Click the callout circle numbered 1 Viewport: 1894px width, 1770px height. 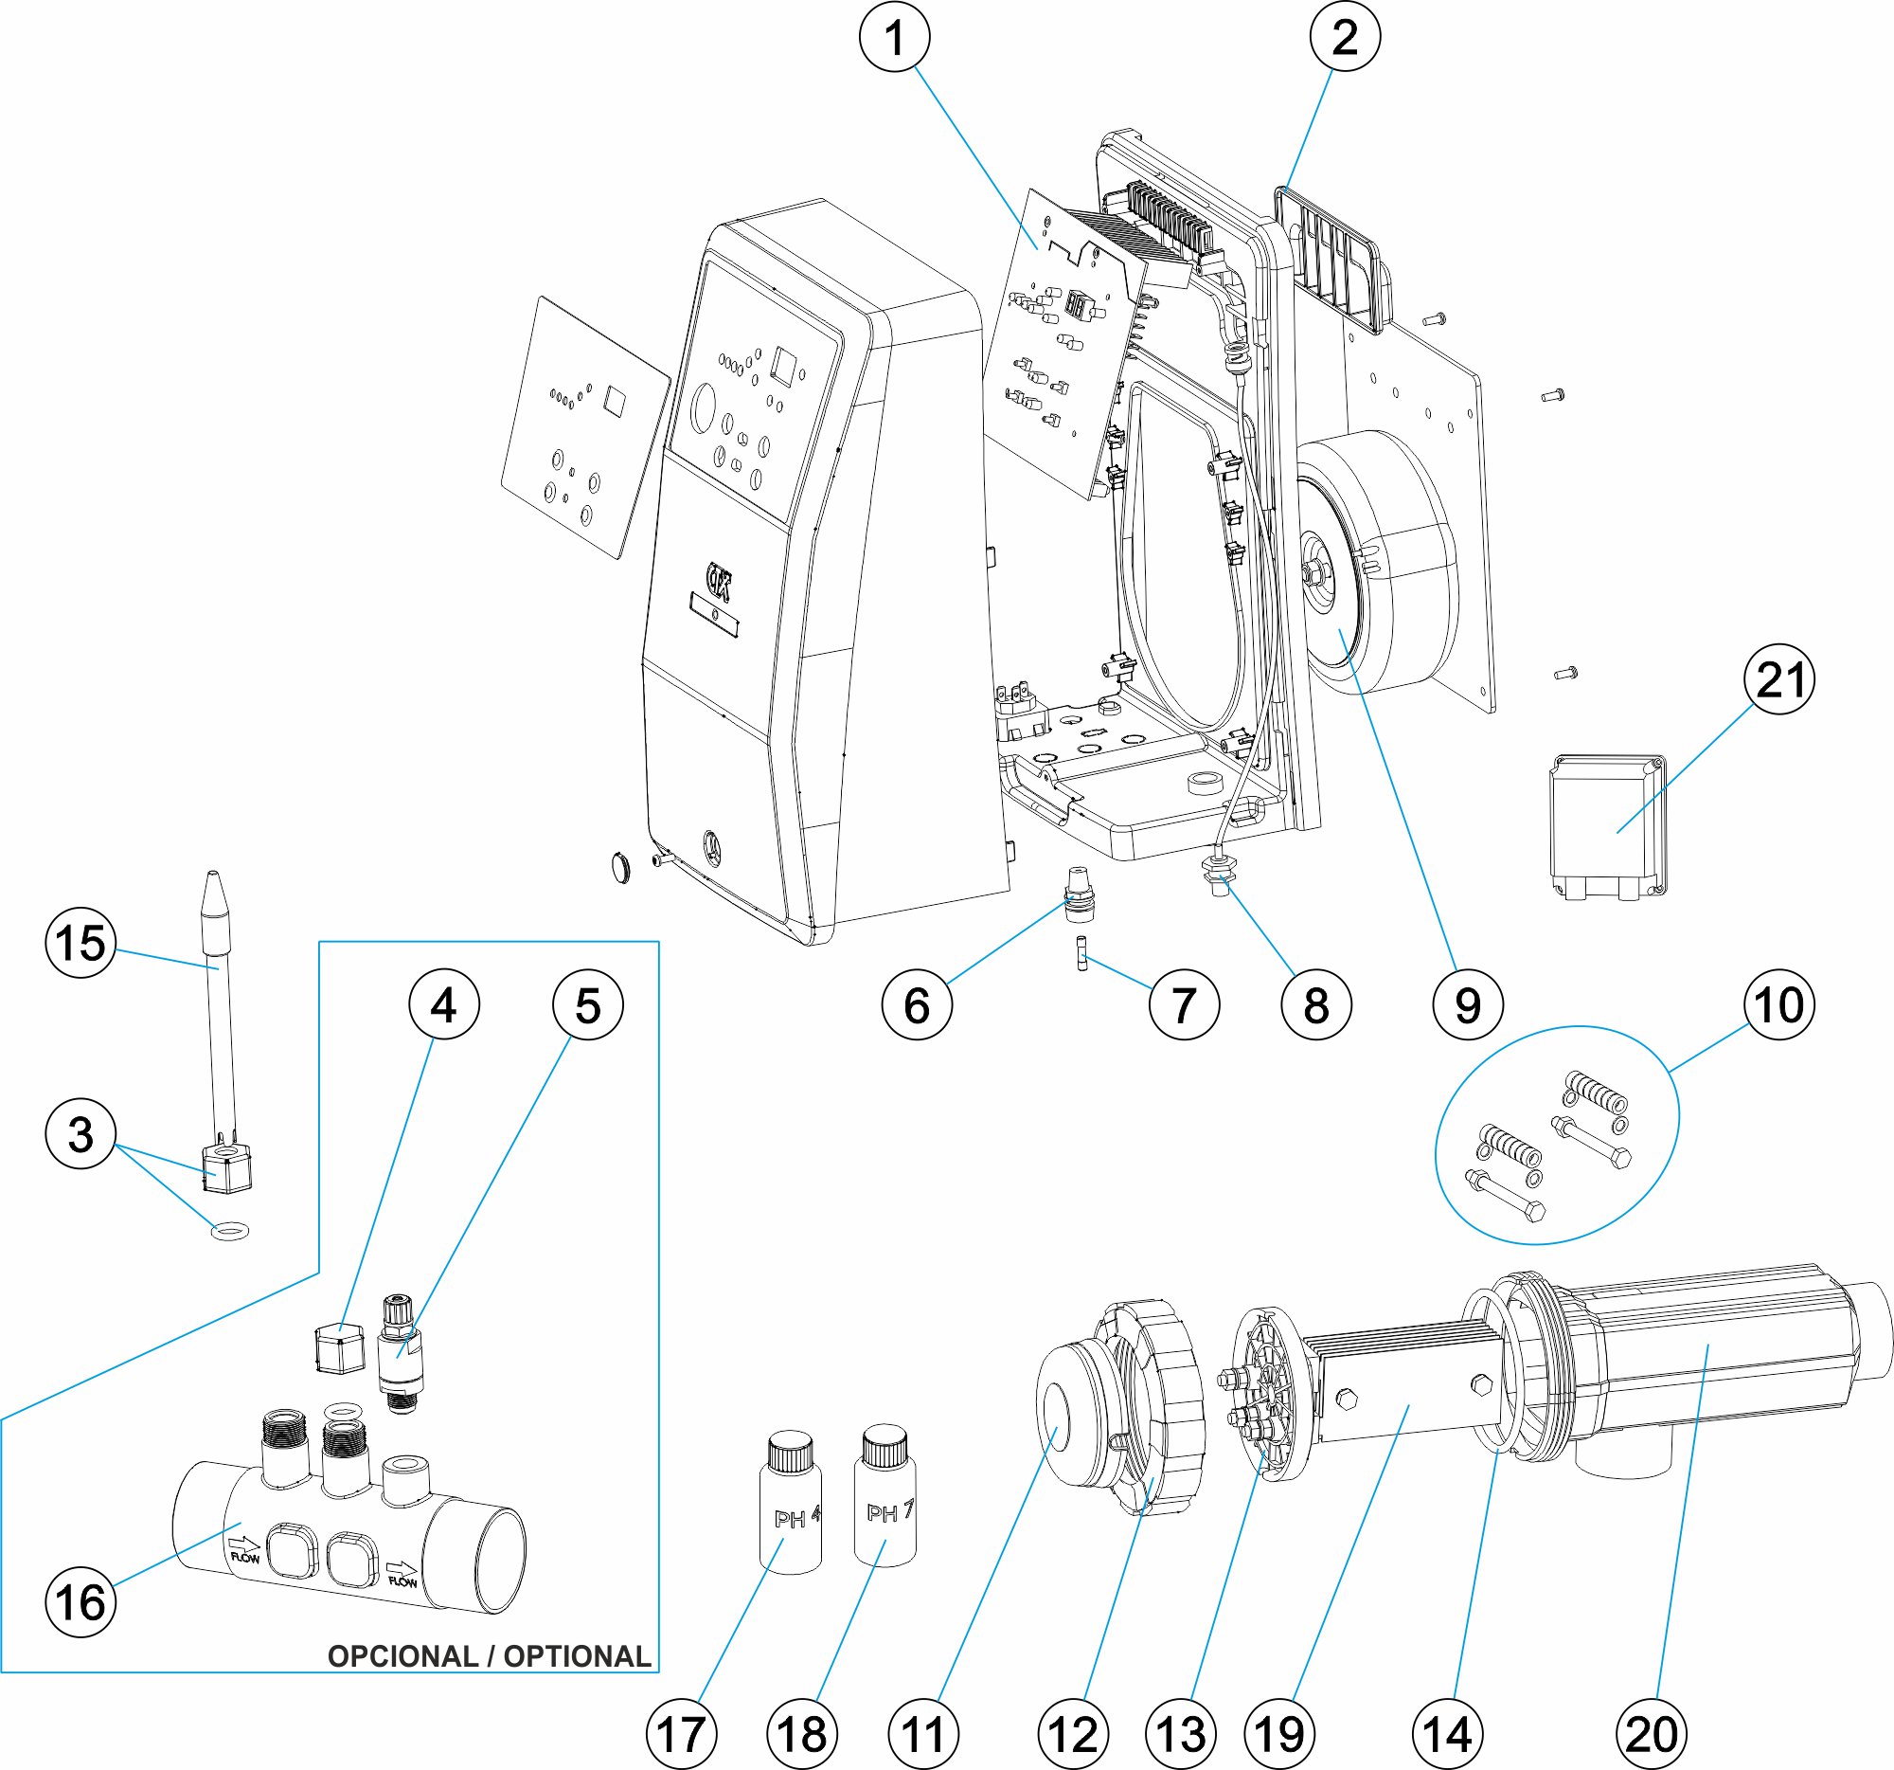click(x=895, y=37)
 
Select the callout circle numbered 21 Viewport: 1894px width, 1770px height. click(x=1778, y=680)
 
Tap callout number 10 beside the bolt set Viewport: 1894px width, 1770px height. click(x=1778, y=1004)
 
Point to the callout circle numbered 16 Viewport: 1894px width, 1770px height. click(x=81, y=1601)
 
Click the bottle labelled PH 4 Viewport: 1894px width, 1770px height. click(x=791, y=1503)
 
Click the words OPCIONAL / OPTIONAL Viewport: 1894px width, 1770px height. click(x=489, y=1655)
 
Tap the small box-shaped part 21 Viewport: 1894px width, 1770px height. click(x=1608, y=827)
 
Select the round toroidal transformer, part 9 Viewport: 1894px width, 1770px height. click(x=1377, y=562)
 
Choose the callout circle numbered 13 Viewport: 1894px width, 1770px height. click(x=1180, y=1734)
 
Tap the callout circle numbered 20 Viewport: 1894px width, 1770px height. click(x=1651, y=1734)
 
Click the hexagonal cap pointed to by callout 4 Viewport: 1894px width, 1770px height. click(x=339, y=1346)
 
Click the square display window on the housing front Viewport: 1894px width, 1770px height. click(x=787, y=366)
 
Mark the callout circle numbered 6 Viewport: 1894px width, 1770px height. click(x=917, y=1004)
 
